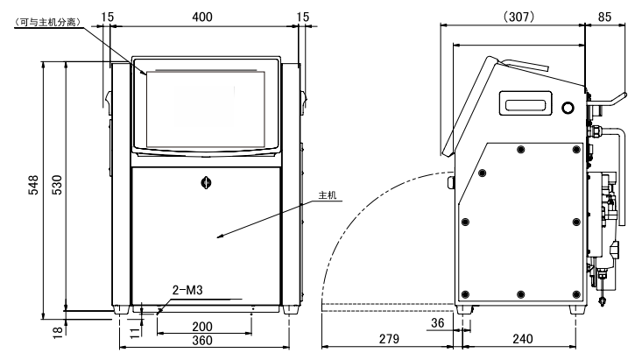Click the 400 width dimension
tap(202, 17)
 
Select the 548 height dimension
tap(33, 185)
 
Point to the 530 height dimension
tap(57, 185)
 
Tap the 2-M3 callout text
tap(187, 290)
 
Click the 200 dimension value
tap(202, 327)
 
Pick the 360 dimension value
tap(202, 341)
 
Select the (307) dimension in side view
tap(519, 17)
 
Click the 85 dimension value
tap(604, 17)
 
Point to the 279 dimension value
tap(389, 339)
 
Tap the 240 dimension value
tap(522, 339)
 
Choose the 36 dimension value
tap(437, 322)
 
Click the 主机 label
tap(328, 195)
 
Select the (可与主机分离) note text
tap(46, 22)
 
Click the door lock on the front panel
tap(206, 182)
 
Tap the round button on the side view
tap(568, 108)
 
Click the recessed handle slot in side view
tap(526, 103)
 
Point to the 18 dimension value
tap(58, 331)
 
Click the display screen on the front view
tap(206, 109)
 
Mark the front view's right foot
tap(290, 309)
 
